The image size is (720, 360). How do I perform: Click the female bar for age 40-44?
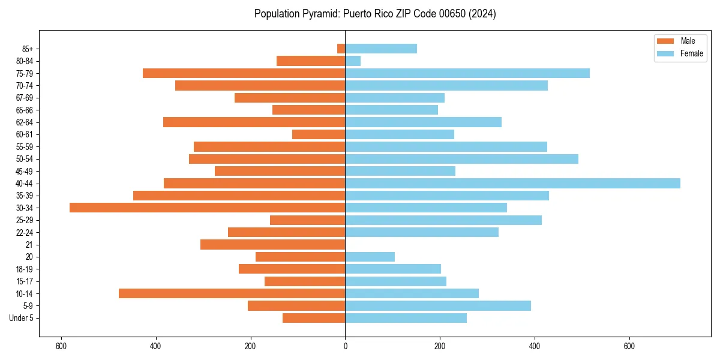(x=512, y=184)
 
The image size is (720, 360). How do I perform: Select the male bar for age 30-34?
(x=207, y=208)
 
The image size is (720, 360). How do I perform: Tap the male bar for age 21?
(x=272, y=245)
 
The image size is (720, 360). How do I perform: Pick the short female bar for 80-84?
(x=353, y=61)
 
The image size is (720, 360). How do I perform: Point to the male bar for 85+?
(x=341, y=49)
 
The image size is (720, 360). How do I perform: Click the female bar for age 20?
(x=370, y=257)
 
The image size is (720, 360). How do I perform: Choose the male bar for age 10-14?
(x=232, y=293)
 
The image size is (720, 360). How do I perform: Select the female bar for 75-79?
(x=467, y=73)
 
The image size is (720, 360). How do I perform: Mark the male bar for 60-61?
(x=319, y=134)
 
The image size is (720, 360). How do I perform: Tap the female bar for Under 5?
(x=406, y=318)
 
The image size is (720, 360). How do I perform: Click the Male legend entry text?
(x=688, y=41)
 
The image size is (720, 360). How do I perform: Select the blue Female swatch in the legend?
(x=666, y=53)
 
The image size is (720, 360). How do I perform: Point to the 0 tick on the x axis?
(x=345, y=346)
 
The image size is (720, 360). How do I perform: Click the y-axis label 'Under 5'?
(x=21, y=318)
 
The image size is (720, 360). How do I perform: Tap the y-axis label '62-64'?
(x=25, y=122)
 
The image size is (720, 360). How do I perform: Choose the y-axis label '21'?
(x=29, y=245)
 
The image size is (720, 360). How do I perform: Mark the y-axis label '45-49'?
(x=25, y=171)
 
